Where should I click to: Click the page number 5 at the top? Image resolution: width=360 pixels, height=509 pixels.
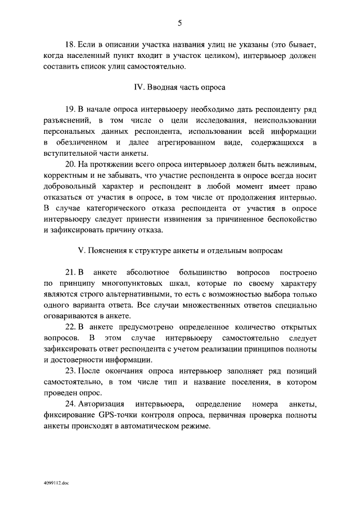[x=179, y=23]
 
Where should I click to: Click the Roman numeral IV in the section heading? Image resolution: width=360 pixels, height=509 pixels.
[x=138, y=87]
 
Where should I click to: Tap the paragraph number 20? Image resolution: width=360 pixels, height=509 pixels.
[x=71, y=164]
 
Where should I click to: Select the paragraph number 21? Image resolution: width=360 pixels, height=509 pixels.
[x=71, y=273]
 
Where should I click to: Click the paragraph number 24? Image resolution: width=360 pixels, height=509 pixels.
[x=71, y=404]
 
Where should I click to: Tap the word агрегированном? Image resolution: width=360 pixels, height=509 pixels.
[x=186, y=143]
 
